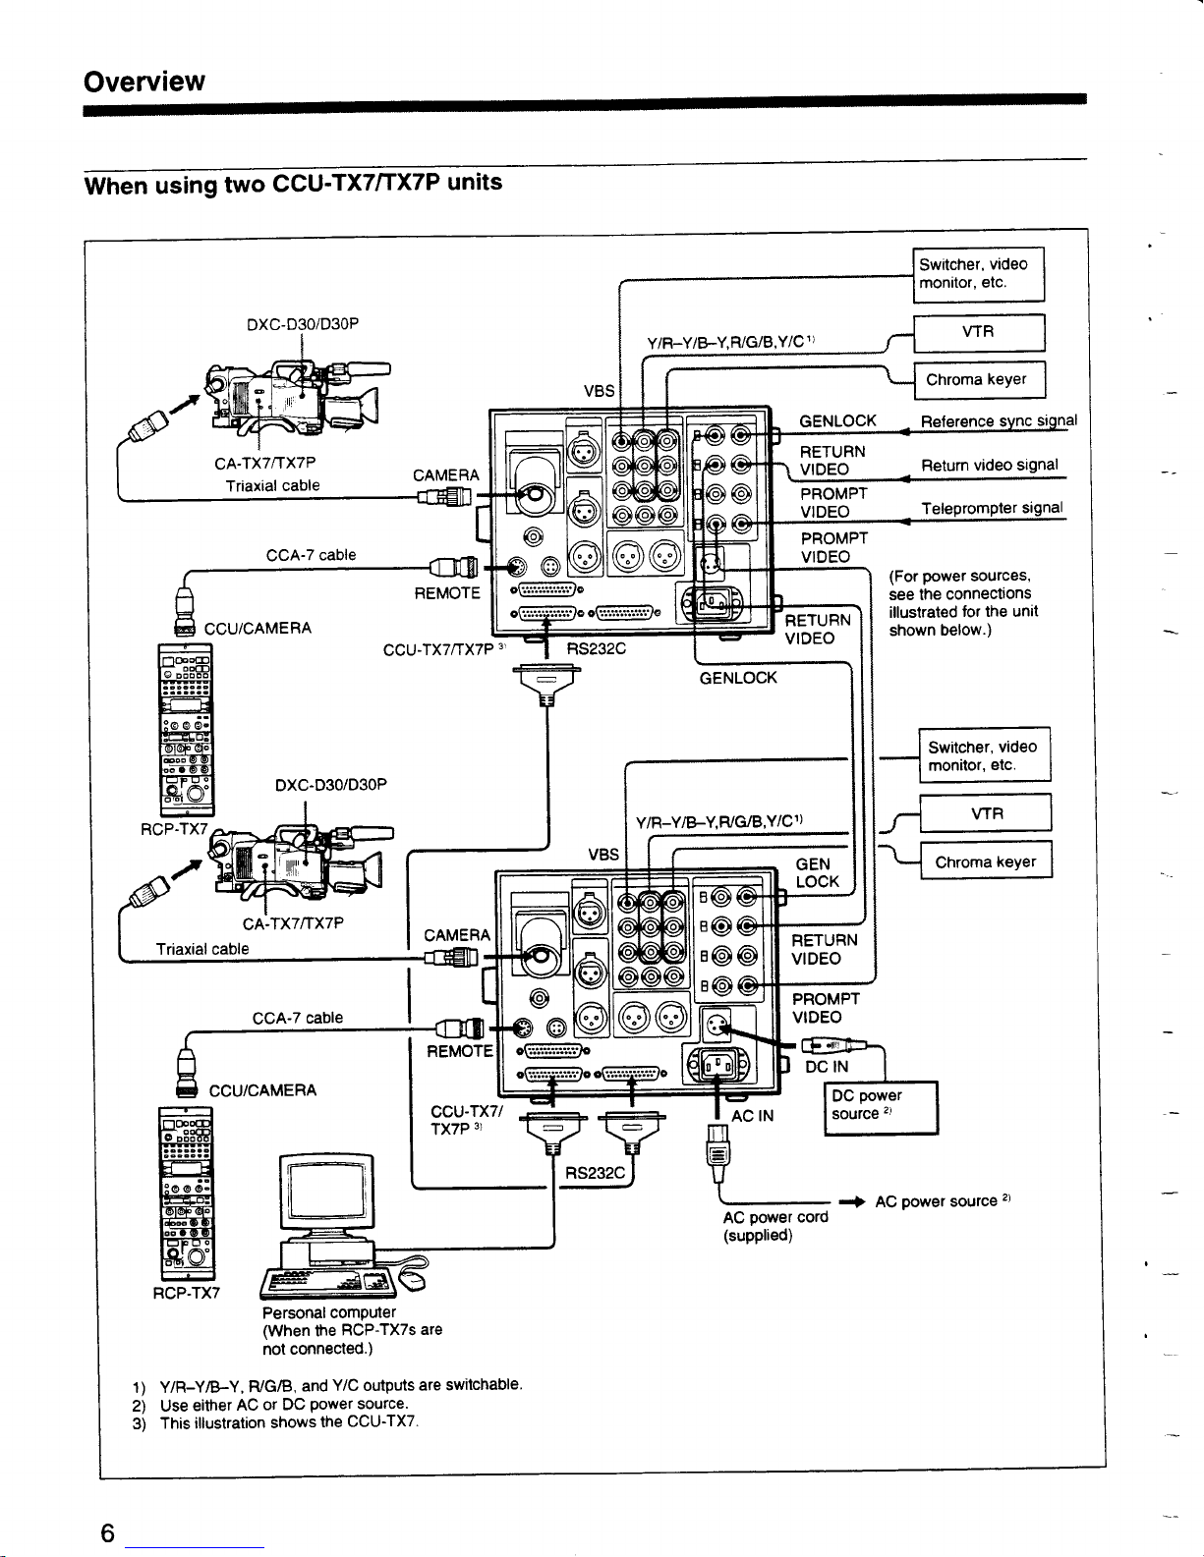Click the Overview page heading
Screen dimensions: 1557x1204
pos(144,81)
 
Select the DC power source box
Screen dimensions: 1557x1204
pos(880,1106)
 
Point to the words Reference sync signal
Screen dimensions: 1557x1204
pos(999,422)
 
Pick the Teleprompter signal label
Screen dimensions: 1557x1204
pos(992,508)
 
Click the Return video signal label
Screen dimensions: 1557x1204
pos(989,465)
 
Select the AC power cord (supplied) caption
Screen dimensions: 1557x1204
pos(774,1226)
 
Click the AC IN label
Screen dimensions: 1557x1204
pos(753,1115)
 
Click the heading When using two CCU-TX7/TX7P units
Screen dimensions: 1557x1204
pos(293,184)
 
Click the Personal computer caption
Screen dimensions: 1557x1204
pos(328,1312)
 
